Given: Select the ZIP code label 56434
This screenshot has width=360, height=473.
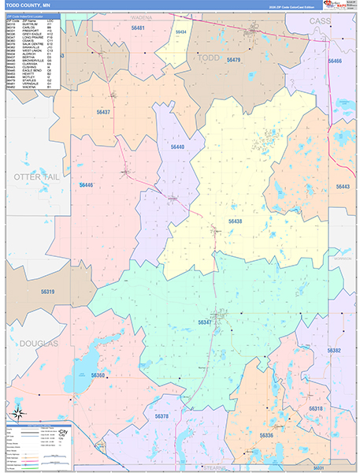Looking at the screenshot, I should pyautogui.click(x=180, y=31).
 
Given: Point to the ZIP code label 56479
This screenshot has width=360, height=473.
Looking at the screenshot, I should pyautogui.click(x=233, y=60).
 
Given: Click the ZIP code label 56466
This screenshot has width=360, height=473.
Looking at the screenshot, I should pyautogui.click(x=335, y=61).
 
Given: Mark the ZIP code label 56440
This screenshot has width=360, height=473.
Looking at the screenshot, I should pyautogui.click(x=177, y=147).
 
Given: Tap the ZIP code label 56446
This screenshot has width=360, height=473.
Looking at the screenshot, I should pyautogui.click(x=86, y=184).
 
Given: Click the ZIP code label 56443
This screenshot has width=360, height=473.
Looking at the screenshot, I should pyautogui.click(x=343, y=187).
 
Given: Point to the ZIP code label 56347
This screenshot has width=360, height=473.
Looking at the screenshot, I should pyautogui.click(x=205, y=322).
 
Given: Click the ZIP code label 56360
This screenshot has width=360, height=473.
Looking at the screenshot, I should pyautogui.click(x=98, y=375).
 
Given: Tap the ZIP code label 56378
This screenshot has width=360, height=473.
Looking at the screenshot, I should pyautogui.click(x=161, y=415).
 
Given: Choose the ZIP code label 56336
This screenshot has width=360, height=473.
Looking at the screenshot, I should pyautogui.click(x=266, y=435).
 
